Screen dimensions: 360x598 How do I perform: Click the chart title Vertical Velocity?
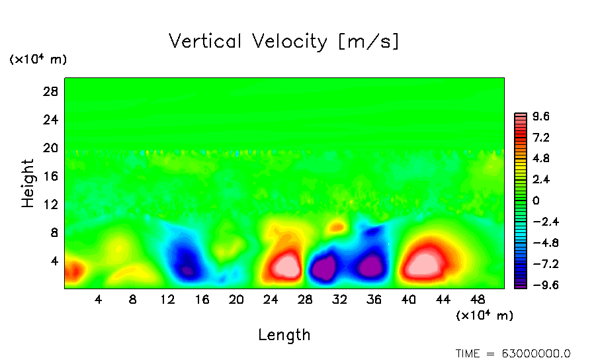pos(284,42)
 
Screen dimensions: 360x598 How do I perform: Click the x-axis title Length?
pos(284,335)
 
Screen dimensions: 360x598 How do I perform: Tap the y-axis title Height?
pos(28,183)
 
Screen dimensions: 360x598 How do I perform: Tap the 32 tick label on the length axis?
pos(339,300)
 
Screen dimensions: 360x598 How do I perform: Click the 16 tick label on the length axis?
pos(202,300)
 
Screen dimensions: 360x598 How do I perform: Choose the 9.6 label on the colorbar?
pos(541,117)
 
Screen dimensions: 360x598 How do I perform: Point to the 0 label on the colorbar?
pos(536,201)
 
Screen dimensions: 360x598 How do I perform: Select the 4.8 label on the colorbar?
pos(541,159)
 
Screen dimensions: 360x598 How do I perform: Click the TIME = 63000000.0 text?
pos(513,353)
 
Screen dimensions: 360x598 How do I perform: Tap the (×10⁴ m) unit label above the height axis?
pos(38,60)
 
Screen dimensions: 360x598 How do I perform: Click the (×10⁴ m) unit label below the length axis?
pos(484,316)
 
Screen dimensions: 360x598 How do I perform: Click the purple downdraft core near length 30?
pos(324,269)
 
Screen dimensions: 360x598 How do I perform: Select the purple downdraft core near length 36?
pos(369,266)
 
